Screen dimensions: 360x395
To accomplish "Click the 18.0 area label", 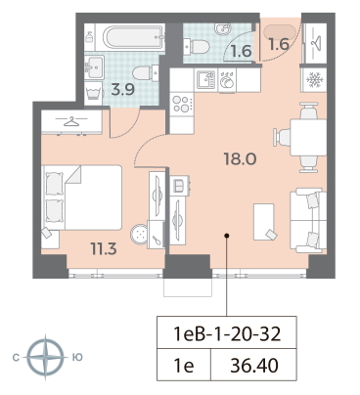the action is pos(240,158).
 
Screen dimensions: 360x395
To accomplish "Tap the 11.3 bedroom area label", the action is pos(104,249).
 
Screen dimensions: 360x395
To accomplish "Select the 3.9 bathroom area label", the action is pos(122,89).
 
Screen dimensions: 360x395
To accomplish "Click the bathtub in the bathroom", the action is pos(133,37).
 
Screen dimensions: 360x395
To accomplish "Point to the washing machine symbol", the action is pos(93,93).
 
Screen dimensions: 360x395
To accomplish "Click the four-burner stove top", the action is pos(181,104).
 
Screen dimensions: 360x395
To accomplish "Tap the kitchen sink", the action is pos(206,80).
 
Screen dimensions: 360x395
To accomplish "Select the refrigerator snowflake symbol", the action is pos(314,80).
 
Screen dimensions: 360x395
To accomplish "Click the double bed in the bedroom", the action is pos(81,197).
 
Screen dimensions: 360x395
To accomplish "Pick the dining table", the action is pos(308,137).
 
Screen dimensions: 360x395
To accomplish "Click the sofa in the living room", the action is pos(308,220).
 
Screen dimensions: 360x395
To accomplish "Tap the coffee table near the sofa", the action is pos(263,222).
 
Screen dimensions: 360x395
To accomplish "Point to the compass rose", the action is pos(45,358).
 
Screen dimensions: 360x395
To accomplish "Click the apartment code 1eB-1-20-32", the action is pos(227,333).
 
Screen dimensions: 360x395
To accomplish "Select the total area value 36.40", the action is pos(254,365).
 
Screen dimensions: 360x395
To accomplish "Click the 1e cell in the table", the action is pos(184,366).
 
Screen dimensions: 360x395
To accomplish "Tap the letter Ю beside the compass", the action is pos(76,358).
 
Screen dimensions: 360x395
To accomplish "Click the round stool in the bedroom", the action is pos(139,233).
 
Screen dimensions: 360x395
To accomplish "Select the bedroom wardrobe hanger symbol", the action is pos(71,122).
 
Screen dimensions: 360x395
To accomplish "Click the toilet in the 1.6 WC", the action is pos(198,47).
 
